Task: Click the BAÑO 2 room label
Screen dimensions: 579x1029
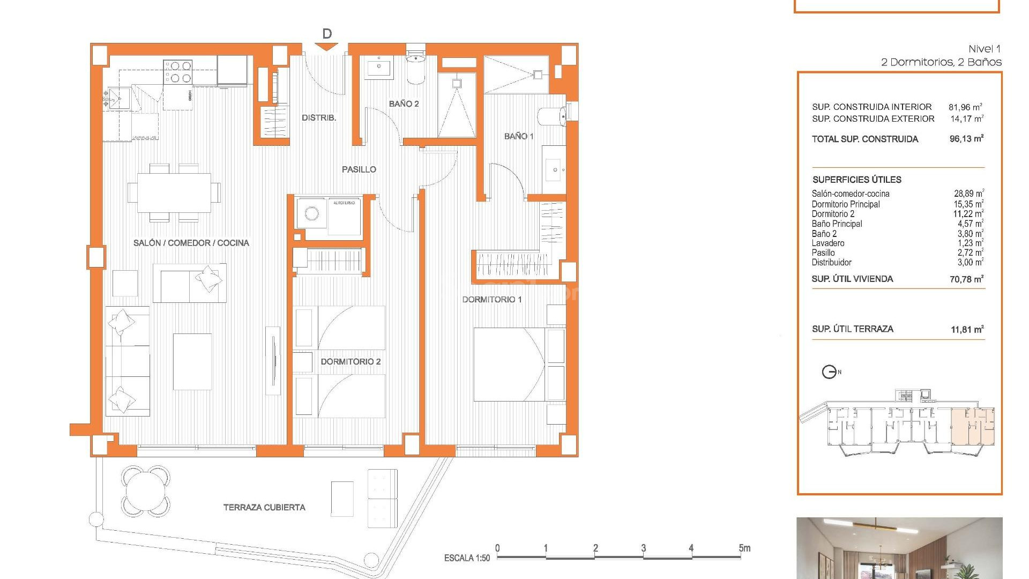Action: coord(404,103)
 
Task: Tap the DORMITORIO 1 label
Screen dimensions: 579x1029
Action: coord(491,299)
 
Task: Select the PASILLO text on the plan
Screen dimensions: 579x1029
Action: coord(359,169)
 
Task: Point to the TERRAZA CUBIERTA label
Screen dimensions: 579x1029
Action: coord(264,507)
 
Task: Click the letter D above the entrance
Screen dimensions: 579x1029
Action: coord(327,34)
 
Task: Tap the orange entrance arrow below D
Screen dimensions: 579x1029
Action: coord(326,47)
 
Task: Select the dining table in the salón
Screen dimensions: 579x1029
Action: coord(174,192)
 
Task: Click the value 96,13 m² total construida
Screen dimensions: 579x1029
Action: coord(966,139)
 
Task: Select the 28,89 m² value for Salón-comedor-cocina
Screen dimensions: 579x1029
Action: coord(968,194)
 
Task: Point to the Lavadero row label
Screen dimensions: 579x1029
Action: coord(827,243)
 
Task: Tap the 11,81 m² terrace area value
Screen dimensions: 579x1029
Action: coord(967,329)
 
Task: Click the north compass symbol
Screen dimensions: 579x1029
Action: coord(829,372)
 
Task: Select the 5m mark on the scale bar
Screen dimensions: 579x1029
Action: coord(744,548)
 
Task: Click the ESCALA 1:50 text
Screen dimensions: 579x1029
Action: coord(467,558)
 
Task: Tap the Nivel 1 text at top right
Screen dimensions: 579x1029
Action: coord(984,49)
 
